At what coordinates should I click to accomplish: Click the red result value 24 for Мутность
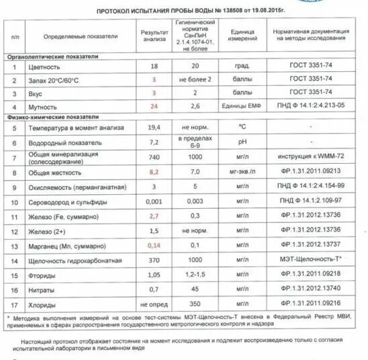click(x=154, y=106)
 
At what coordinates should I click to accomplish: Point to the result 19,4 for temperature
click(x=154, y=127)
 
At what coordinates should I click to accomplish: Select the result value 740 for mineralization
click(x=154, y=156)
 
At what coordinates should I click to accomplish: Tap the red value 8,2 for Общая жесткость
click(x=154, y=173)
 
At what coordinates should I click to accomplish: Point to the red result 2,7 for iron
click(x=154, y=216)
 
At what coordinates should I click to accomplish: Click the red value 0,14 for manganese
click(x=154, y=245)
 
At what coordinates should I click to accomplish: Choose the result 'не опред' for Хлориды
click(x=154, y=304)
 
